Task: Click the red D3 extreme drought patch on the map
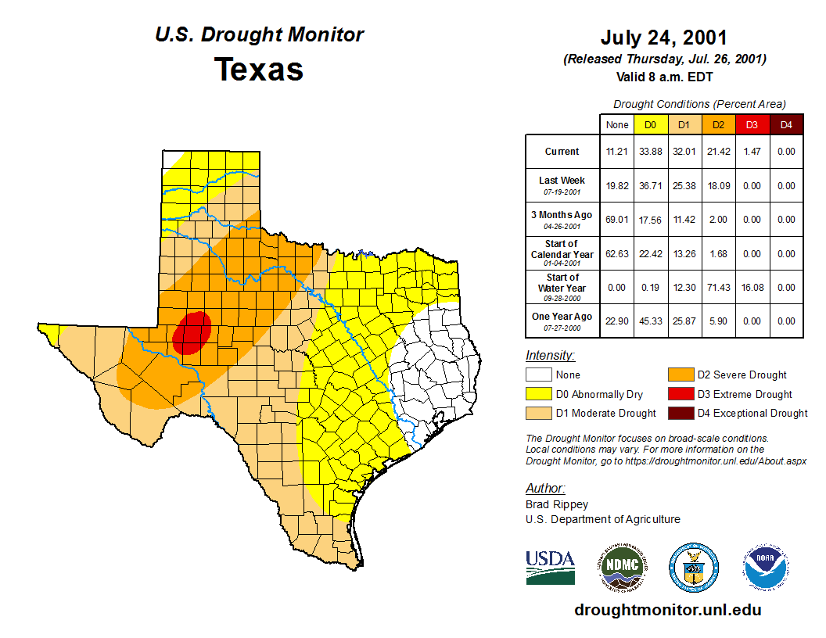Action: click(192, 332)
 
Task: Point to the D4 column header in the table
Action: click(786, 124)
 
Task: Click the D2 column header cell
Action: click(717, 124)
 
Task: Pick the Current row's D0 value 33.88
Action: click(651, 152)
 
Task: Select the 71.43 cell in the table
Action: click(717, 288)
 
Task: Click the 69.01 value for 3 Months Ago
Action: click(617, 220)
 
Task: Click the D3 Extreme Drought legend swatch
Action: click(680, 394)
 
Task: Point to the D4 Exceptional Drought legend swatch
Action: click(680, 413)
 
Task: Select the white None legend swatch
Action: click(538, 375)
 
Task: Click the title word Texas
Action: click(259, 70)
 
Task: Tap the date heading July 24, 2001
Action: click(664, 38)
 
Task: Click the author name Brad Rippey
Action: click(557, 504)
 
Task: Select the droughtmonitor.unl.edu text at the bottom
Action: click(667, 610)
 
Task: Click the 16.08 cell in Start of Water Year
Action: click(752, 288)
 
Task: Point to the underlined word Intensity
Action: click(550, 356)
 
